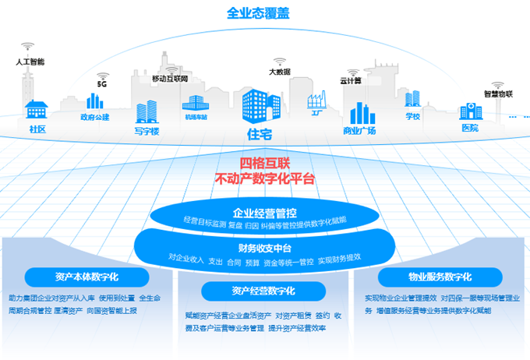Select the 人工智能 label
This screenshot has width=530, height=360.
(x=31, y=61)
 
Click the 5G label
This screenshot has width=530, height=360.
(x=101, y=83)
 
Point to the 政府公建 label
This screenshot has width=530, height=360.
(x=95, y=117)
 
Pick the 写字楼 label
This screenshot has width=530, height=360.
(x=146, y=132)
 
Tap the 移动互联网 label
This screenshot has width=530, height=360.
(x=170, y=79)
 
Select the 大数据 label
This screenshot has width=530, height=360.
(x=280, y=72)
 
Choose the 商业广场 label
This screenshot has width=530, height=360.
(x=359, y=130)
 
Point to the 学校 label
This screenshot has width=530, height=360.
(x=412, y=117)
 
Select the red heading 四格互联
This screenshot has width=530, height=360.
(x=264, y=164)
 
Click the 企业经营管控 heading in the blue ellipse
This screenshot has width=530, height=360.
(x=265, y=212)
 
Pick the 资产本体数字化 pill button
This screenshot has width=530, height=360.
(x=87, y=277)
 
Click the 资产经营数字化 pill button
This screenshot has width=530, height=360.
(x=263, y=291)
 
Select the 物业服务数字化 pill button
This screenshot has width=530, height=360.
(x=440, y=277)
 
